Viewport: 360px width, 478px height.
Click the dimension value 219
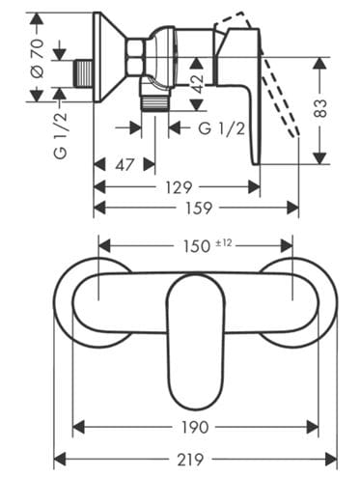[190, 459]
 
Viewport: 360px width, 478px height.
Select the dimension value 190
[195, 427]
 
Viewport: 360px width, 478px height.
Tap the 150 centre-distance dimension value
[196, 246]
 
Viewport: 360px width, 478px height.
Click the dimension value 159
[199, 208]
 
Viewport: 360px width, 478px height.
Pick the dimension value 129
[179, 187]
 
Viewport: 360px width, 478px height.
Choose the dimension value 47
[125, 165]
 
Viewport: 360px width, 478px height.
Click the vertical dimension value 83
[319, 108]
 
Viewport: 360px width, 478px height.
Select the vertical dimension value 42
[197, 84]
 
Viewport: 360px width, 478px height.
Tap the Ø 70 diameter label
[37, 58]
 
